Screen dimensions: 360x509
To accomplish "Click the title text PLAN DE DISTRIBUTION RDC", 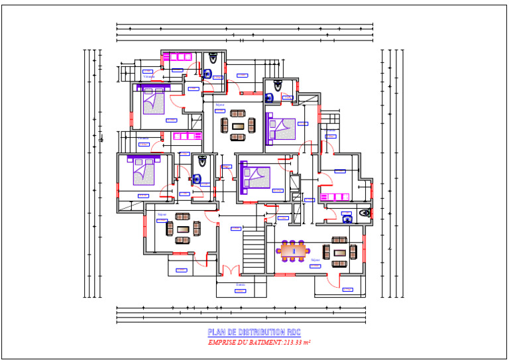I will (x=254, y=332).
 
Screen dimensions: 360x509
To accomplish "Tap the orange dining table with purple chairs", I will (x=294, y=251).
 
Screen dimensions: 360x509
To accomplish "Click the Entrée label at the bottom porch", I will (x=241, y=284).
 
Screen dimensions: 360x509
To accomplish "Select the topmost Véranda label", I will (x=150, y=76).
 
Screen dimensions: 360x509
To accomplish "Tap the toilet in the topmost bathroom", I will (x=213, y=58).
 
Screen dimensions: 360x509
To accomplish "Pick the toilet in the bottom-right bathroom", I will (x=363, y=213).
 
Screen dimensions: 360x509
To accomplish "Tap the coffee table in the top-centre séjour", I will (x=237, y=124).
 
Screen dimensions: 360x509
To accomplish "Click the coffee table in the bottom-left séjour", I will (x=182, y=229).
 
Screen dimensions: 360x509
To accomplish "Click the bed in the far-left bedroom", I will (x=143, y=172).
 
